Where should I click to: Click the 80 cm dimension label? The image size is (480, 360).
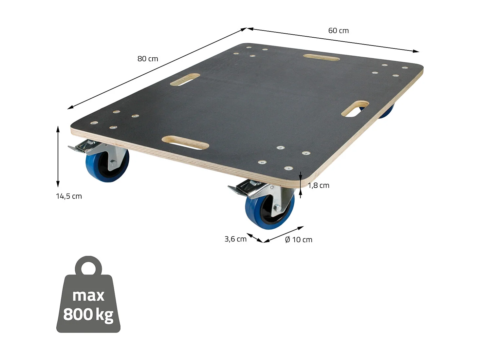(x=148, y=59)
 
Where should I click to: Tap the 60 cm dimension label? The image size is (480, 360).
(x=338, y=31)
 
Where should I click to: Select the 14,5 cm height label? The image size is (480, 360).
(x=69, y=196)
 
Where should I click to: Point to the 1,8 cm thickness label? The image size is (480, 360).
(x=318, y=185)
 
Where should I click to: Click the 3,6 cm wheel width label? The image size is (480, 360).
(x=235, y=239)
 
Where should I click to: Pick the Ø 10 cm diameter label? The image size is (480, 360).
(x=298, y=240)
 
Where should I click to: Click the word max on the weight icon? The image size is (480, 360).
(x=88, y=295)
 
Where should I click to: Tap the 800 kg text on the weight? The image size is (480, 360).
(x=88, y=314)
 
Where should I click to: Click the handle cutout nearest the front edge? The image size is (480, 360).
(x=185, y=143)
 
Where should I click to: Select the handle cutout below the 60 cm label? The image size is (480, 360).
(x=321, y=58)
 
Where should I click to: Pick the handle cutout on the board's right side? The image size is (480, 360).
(x=355, y=109)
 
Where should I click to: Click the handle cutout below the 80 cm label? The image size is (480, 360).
(x=185, y=79)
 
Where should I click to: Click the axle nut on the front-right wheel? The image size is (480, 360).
(x=277, y=207)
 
